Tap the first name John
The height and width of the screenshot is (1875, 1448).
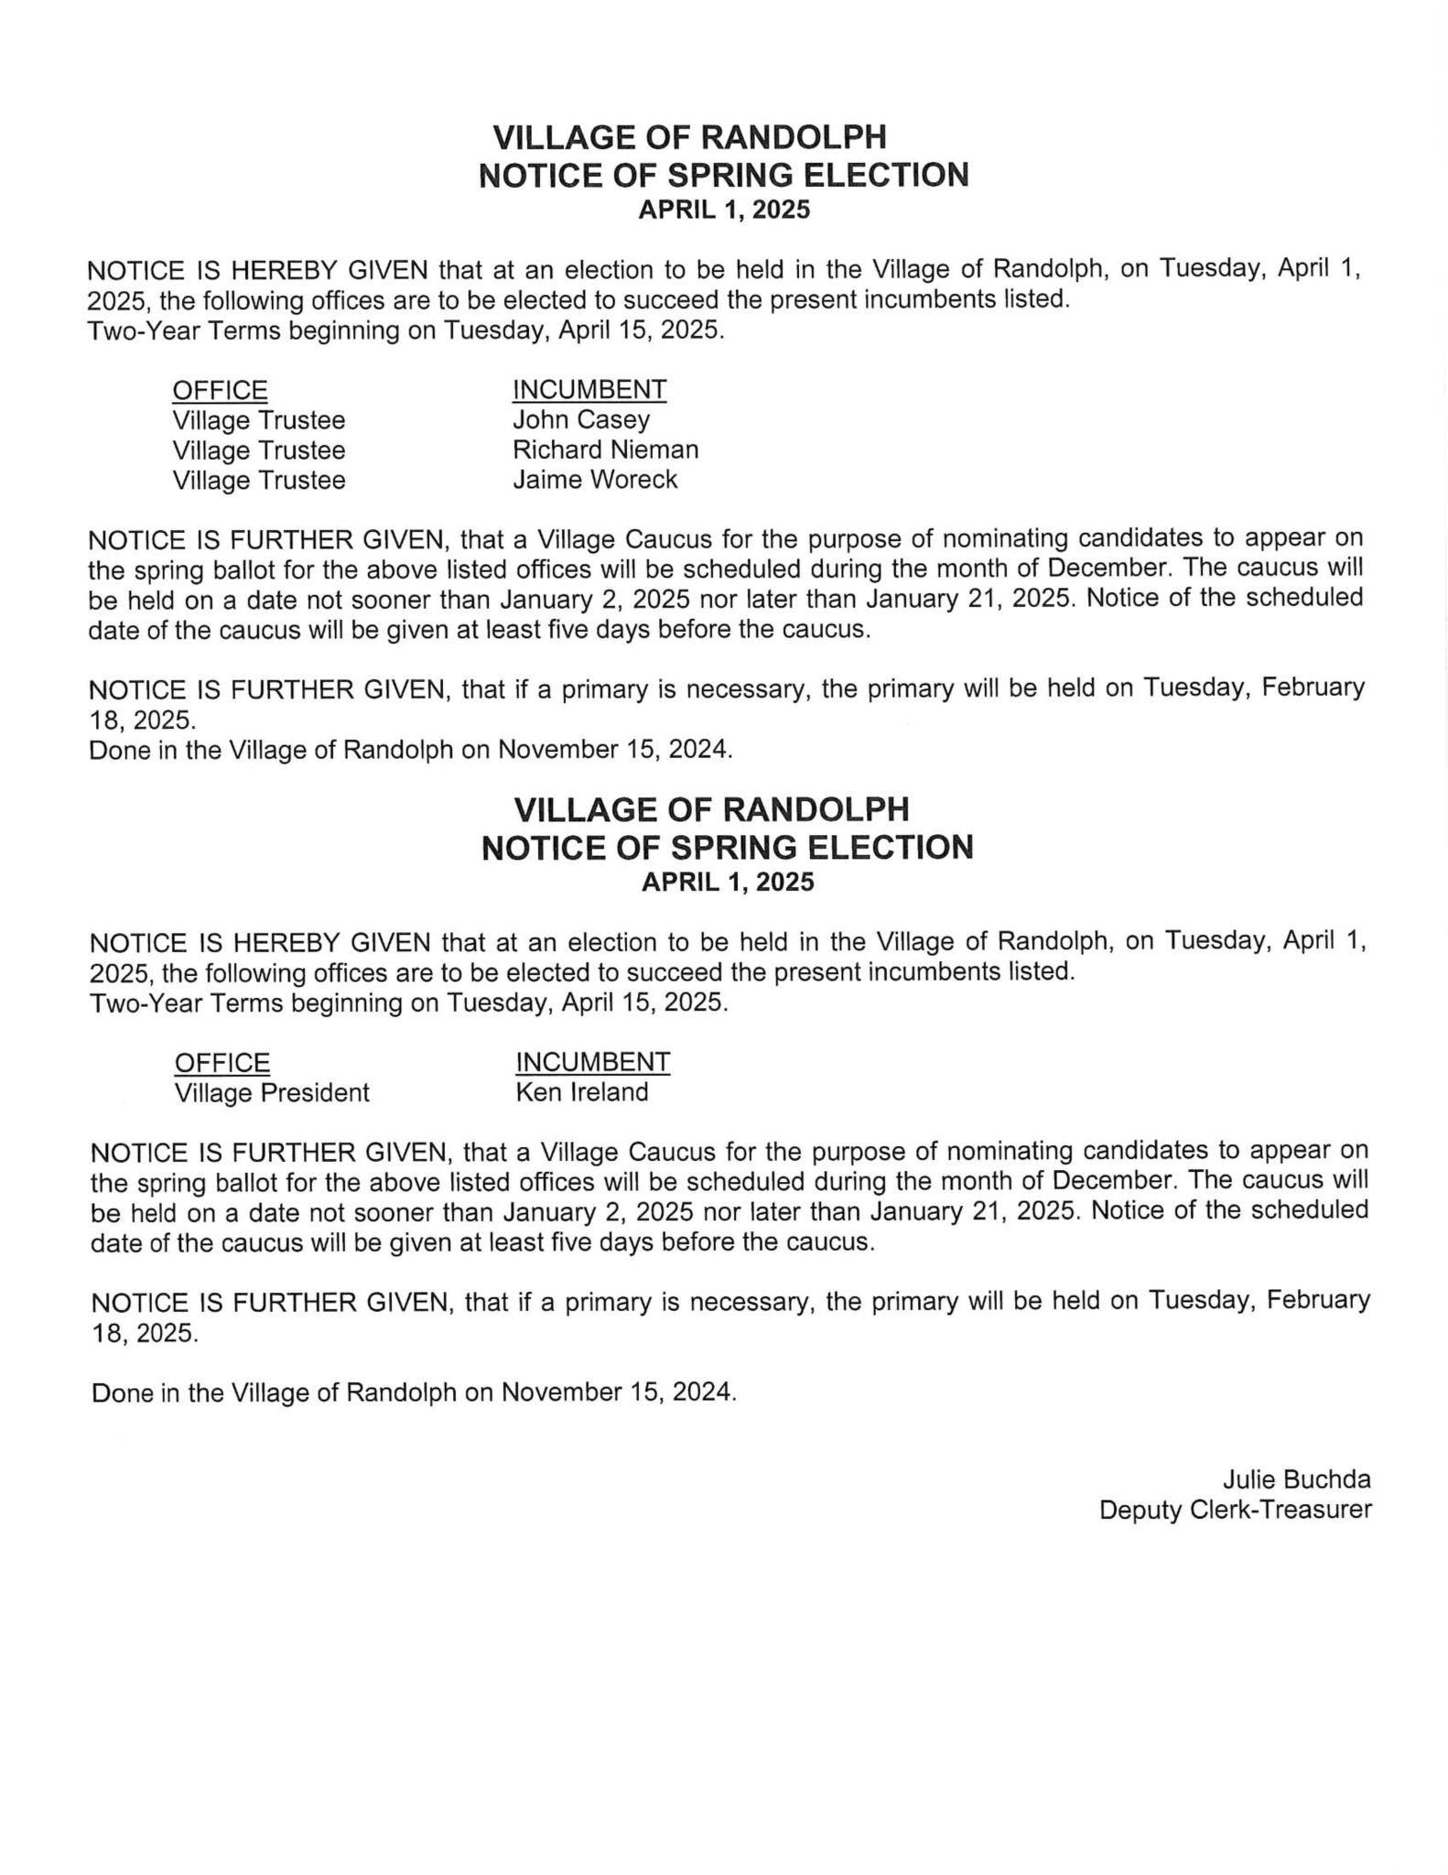pyautogui.click(x=541, y=420)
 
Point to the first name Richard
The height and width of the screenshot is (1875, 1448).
pyautogui.click(x=557, y=450)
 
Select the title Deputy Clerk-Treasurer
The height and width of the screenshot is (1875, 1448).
pyautogui.click(x=1235, y=1510)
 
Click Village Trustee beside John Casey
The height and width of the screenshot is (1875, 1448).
pyautogui.click(x=259, y=420)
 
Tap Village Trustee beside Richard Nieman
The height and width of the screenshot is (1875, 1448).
pyautogui.click(x=259, y=450)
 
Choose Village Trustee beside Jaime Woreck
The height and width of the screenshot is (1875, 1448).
pyautogui.click(x=259, y=481)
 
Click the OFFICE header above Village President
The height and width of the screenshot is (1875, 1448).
pyautogui.click(x=222, y=1063)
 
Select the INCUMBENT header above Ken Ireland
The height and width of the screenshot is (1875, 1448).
pyautogui.click(x=593, y=1062)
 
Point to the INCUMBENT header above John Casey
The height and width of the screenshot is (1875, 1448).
pyautogui.click(x=589, y=390)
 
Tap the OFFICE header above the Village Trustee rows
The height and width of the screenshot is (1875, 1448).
pyautogui.click(x=220, y=391)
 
